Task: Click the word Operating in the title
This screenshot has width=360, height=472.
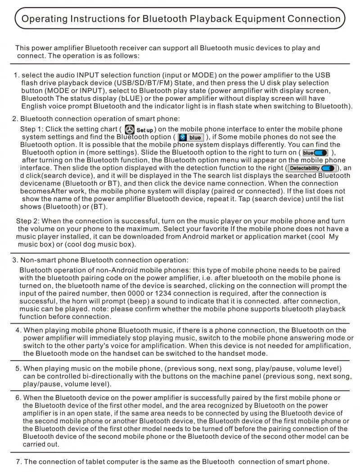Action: click(43, 19)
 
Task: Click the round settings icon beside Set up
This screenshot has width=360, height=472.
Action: click(129, 129)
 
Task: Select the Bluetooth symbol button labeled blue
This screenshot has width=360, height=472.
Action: click(191, 138)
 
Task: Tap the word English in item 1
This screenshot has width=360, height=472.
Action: click(34, 106)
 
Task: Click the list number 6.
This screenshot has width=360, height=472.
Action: click(18, 398)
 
